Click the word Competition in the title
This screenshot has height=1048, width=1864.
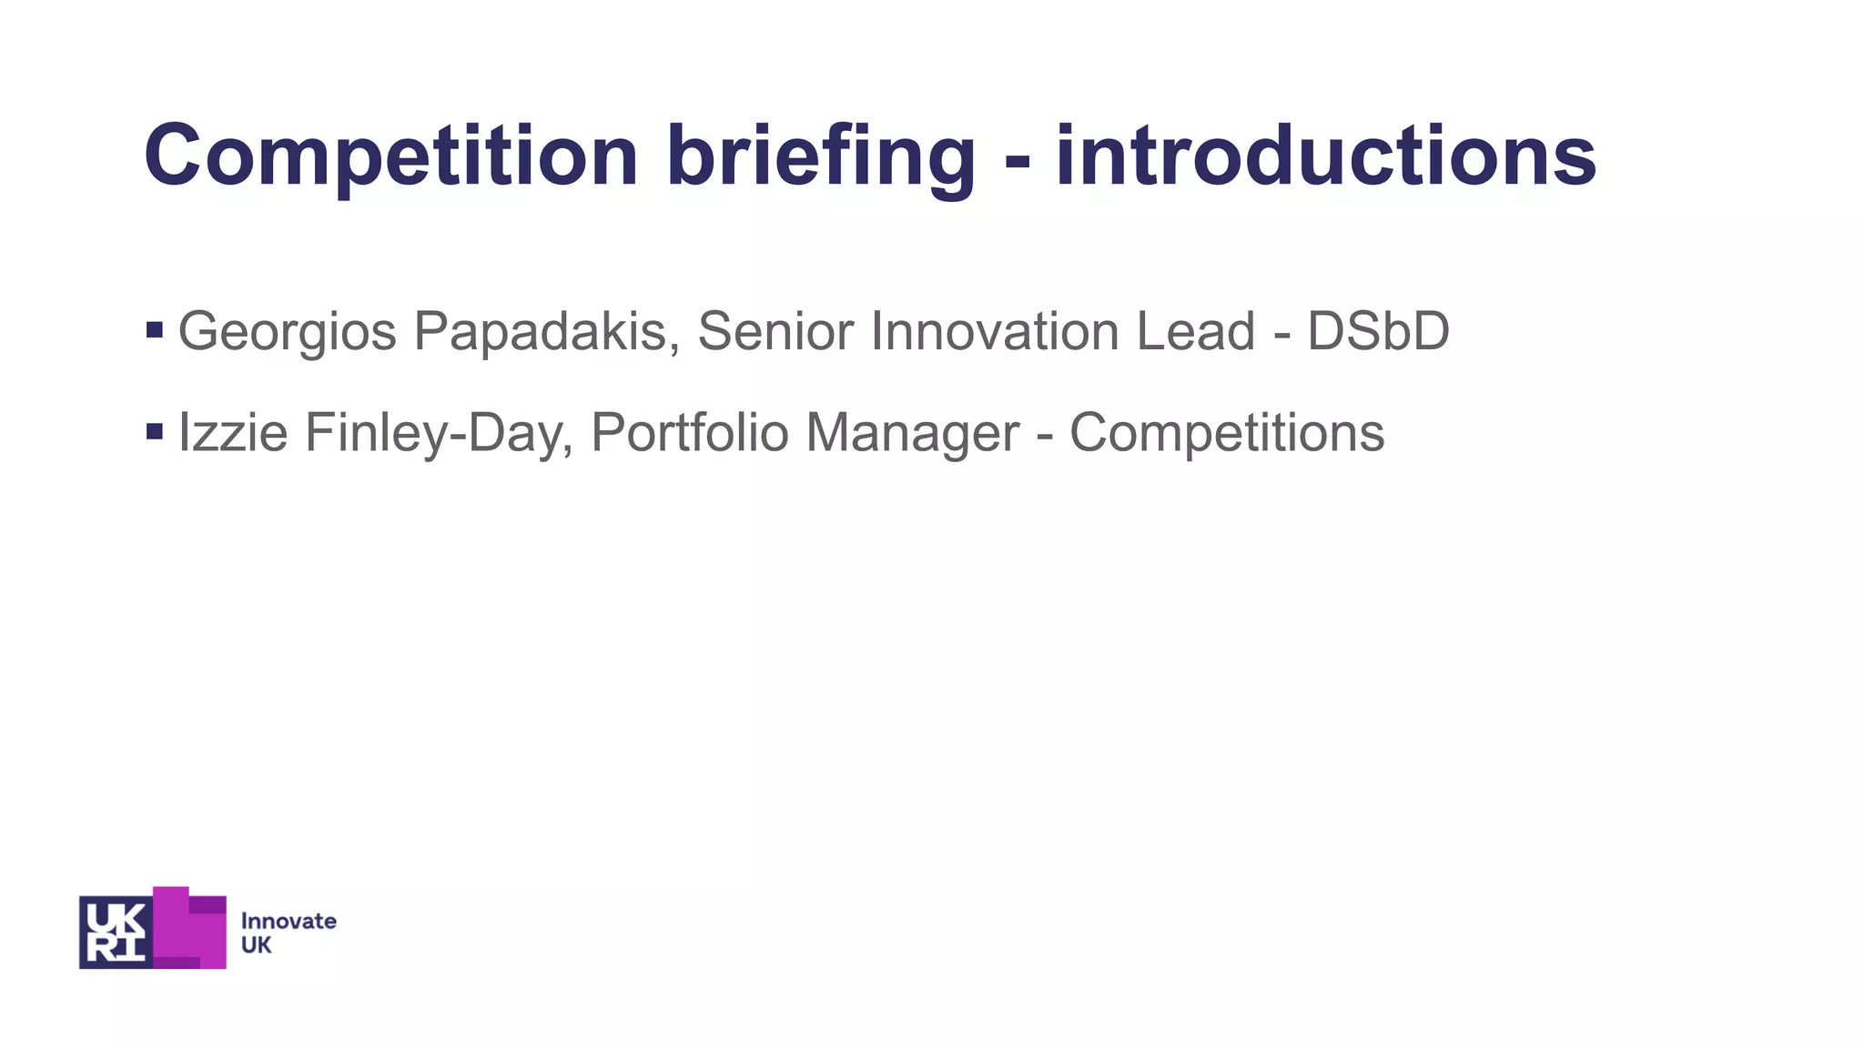click(x=391, y=156)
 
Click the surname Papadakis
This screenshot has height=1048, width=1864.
click(x=546, y=331)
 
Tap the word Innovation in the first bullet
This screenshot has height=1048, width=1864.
click(x=995, y=331)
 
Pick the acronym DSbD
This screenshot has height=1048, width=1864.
click(x=1378, y=331)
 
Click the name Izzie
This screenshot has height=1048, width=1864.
click(x=233, y=432)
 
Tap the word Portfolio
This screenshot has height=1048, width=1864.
click(x=690, y=432)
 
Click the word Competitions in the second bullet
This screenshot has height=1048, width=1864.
click(x=1226, y=432)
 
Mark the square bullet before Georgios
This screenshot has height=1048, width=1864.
click(x=155, y=329)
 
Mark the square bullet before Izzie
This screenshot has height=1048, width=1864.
click(x=155, y=430)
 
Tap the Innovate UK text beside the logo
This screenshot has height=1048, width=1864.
click(x=288, y=932)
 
